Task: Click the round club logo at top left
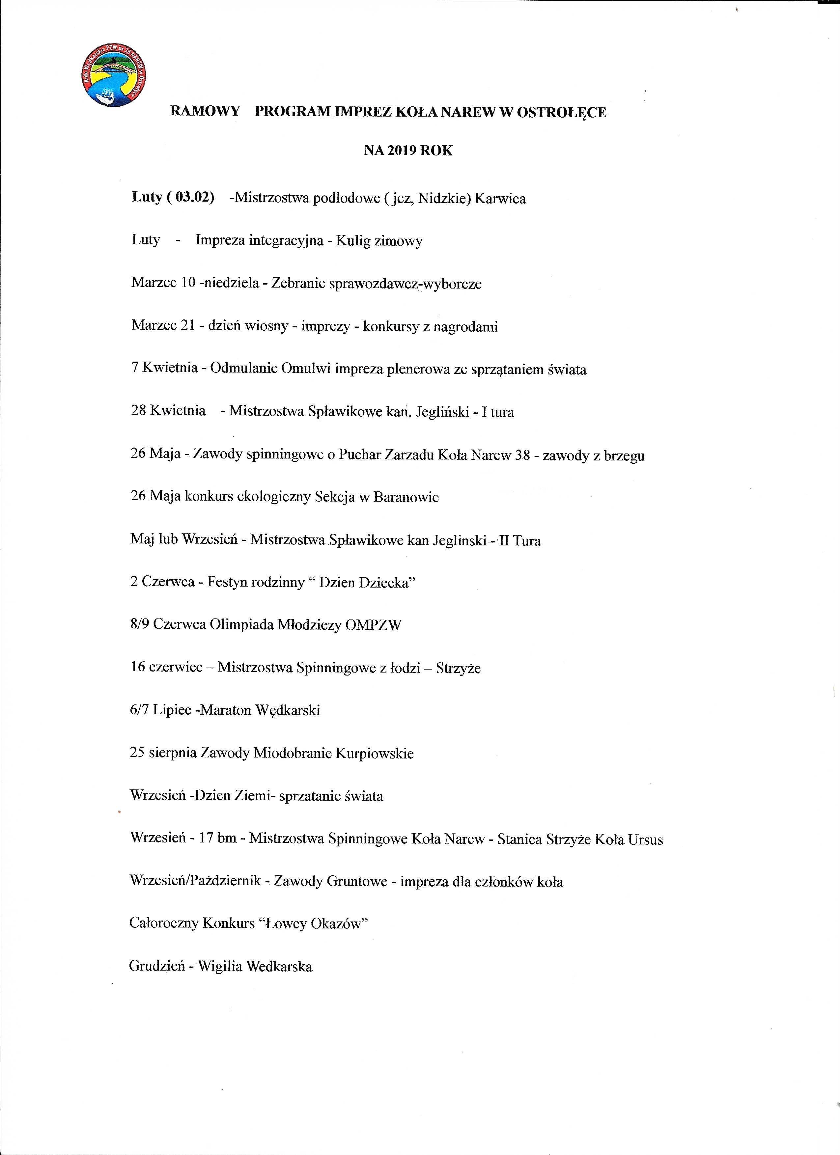tap(115, 80)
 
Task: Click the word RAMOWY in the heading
tap(205, 112)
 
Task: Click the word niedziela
tap(230, 283)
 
